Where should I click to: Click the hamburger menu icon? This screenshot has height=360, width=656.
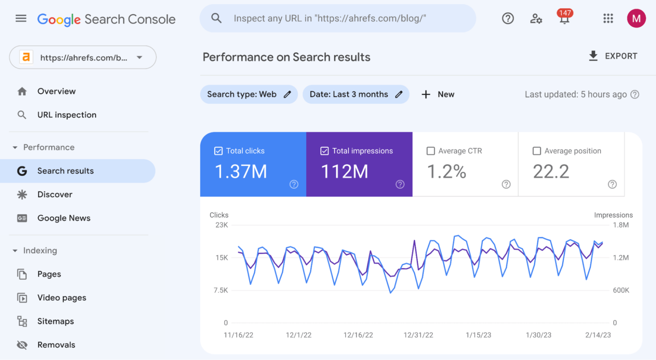(21, 18)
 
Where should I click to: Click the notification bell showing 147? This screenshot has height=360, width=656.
(564, 18)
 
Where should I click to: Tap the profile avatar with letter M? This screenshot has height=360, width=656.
(636, 18)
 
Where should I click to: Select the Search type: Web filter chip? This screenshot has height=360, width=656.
(249, 94)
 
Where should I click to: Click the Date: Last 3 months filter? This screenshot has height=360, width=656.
(355, 94)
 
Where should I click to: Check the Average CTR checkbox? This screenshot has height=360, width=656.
(430, 151)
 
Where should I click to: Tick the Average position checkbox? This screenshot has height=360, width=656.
(537, 151)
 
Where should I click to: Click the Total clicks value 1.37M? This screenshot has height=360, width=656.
(241, 172)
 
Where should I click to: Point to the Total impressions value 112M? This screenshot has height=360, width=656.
(344, 172)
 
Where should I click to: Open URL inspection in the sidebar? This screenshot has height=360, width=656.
(67, 115)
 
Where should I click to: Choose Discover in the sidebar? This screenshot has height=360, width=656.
(55, 194)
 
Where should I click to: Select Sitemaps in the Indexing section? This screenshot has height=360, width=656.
(56, 321)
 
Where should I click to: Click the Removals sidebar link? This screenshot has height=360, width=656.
(56, 345)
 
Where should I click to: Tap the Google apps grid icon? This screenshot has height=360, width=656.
(608, 18)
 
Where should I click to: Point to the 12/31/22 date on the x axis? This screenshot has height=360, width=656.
(418, 335)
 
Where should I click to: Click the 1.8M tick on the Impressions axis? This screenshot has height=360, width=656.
(621, 225)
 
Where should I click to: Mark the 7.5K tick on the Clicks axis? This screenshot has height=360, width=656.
(221, 290)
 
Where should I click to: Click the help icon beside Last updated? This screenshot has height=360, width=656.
(635, 94)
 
